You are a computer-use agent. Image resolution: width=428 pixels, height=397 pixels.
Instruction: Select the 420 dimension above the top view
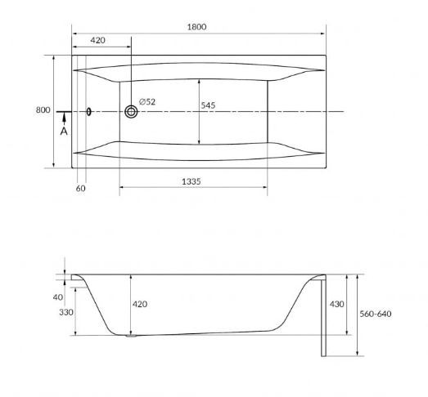(97, 39)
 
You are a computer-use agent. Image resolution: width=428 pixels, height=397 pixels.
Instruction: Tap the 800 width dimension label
(42, 110)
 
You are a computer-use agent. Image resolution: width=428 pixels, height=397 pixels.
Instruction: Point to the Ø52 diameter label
(148, 101)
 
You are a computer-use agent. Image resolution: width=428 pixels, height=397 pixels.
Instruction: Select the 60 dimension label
(80, 189)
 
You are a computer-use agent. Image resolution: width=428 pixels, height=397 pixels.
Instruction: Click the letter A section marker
(63, 130)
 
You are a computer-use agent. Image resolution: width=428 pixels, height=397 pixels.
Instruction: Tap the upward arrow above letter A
(63, 118)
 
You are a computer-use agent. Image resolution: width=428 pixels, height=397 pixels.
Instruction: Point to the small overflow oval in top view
(89, 112)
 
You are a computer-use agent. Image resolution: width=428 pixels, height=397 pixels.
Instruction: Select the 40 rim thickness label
(56, 297)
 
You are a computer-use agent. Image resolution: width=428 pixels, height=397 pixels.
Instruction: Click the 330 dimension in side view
(65, 312)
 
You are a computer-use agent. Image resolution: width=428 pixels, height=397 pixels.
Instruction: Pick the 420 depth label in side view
(140, 304)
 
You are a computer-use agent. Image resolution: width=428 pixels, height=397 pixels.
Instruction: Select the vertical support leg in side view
(326, 316)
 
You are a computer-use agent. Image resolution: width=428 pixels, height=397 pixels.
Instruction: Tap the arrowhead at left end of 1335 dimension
(123, 189)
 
